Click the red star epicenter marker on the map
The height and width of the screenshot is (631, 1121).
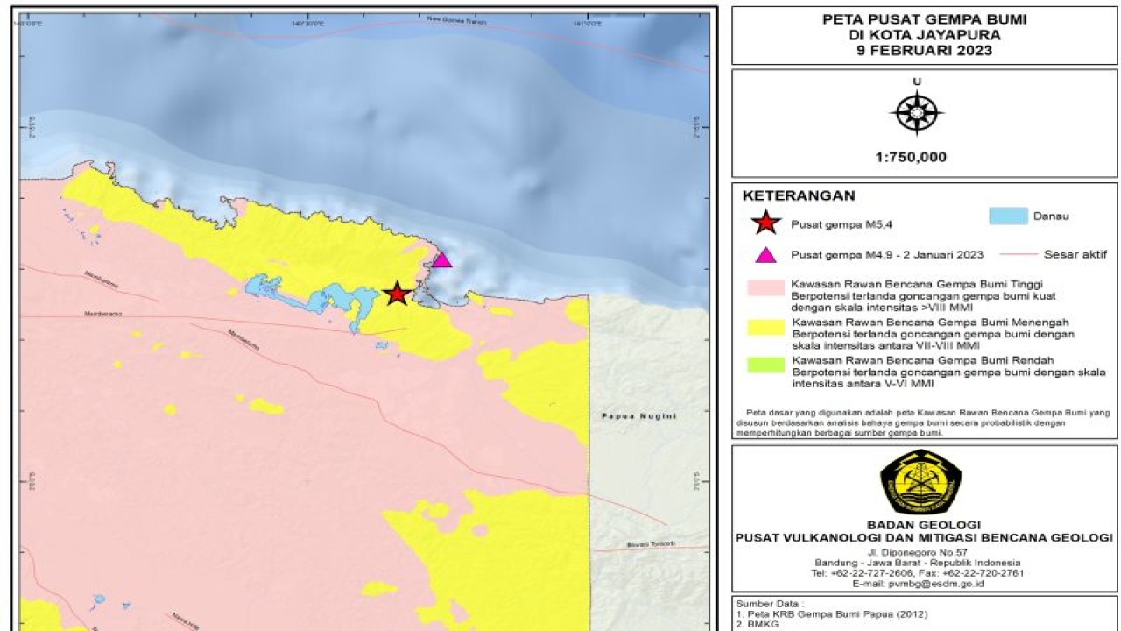click(x=397, y=294)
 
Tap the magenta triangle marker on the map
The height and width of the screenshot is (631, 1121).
click(x=441, y=260)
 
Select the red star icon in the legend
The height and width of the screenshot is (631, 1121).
click(x=766, y=223)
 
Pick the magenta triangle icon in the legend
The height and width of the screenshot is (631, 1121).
click(x=766, y=255)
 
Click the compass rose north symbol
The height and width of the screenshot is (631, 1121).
click(x=916, y=113)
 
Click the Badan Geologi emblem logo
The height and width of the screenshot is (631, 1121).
click(x=920, y=482)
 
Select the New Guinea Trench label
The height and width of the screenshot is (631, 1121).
click(x=456, y=19)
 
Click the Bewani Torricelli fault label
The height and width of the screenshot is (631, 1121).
click(x=651, y=545)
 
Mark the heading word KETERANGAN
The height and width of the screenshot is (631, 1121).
click(x=798, y=196)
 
